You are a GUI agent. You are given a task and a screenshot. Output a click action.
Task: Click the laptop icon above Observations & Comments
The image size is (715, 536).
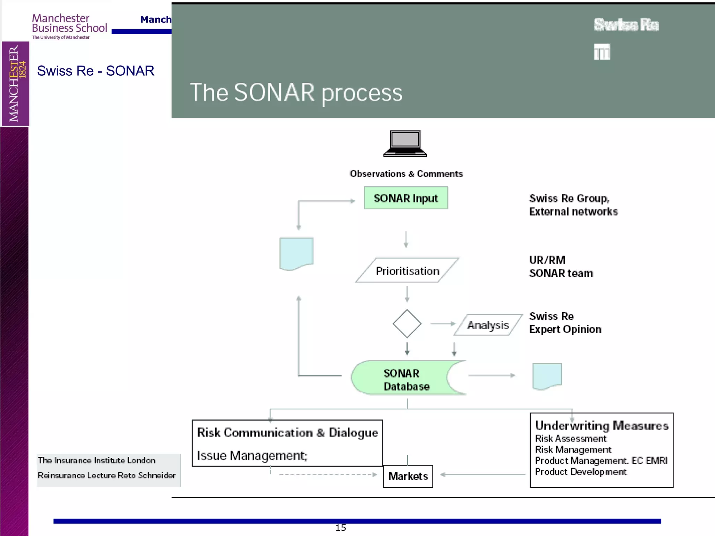pos(405,143)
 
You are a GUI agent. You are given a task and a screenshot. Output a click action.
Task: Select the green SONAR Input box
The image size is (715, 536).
pos(406,198)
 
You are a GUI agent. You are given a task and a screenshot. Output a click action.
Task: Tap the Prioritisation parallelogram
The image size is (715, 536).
pos(407,270)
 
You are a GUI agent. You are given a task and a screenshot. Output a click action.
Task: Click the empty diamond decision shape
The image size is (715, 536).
pos(407,323)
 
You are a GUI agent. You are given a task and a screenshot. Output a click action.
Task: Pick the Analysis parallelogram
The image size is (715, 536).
pos(488,325)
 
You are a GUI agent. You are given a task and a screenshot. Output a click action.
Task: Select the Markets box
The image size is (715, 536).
pos(408,476)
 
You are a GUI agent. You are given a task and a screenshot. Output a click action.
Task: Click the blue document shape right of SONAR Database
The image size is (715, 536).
pos(547,376)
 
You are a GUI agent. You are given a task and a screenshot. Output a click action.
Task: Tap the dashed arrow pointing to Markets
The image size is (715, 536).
pos(328,474)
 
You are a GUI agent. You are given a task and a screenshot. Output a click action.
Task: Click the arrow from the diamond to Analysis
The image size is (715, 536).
pos(443,324)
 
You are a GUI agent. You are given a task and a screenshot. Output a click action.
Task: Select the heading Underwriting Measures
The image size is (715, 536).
pos(601,425)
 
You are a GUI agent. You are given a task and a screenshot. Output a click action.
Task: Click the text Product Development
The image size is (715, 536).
pos(581,472)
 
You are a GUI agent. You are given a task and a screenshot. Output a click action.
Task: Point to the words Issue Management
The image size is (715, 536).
pos(252,455)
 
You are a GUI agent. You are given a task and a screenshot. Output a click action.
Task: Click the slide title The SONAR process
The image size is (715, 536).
pos(296,92)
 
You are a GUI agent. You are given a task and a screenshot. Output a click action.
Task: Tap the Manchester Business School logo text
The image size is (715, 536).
pos(69,23)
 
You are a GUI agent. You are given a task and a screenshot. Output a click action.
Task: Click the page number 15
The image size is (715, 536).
pos(340,528)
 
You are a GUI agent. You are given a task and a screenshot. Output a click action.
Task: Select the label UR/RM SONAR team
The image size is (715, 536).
pos(561,267)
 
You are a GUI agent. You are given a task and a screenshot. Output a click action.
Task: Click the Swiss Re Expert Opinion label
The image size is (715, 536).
pos(565,323)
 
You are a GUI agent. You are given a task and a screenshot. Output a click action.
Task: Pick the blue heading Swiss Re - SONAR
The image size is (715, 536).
pos(96,71)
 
